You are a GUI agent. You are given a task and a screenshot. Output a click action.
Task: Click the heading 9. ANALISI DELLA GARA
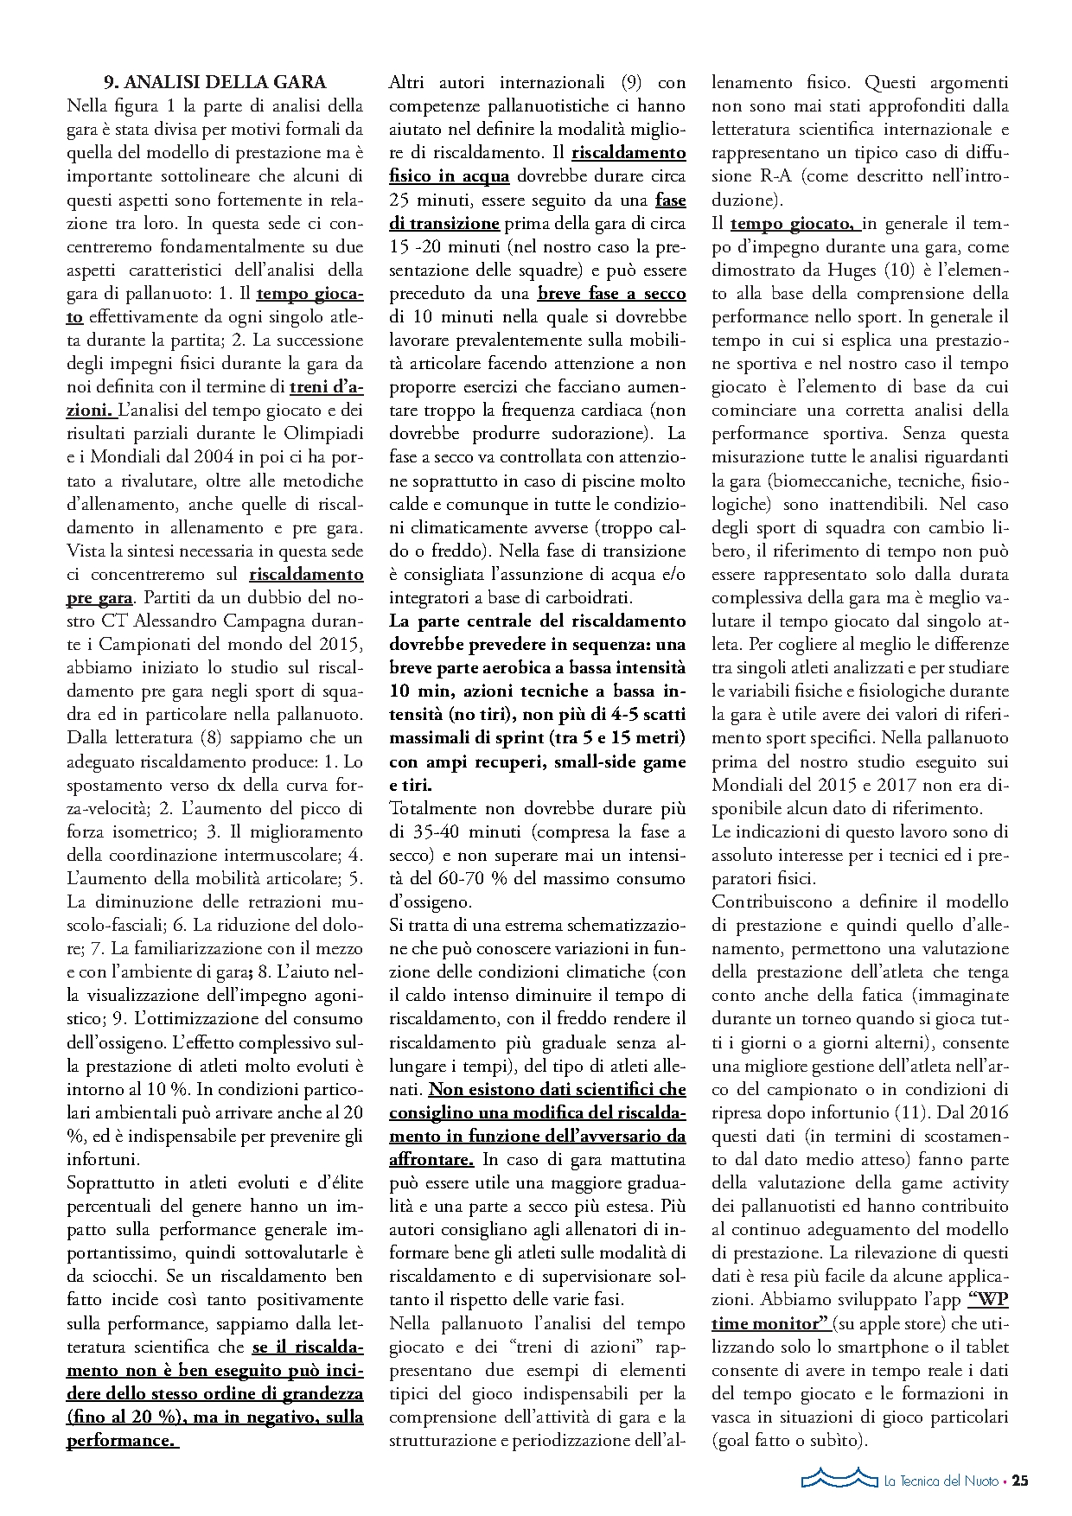click(214, 83)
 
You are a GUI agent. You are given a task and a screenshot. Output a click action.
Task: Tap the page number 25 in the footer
click(1020, 1480)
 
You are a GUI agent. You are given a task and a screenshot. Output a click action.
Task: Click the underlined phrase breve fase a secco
click(611, 294)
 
